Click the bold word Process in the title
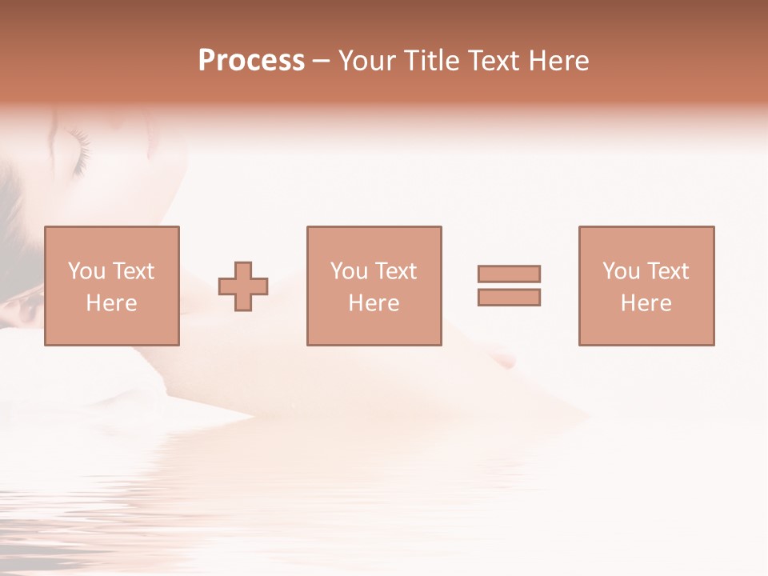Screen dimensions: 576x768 pos(251,61)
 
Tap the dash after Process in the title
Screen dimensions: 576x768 pos(322,61)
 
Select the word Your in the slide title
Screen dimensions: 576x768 pos(366,61)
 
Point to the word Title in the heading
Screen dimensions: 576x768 pos(433,61)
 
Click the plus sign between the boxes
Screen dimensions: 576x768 pos(243,286)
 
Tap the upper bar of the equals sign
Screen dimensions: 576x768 pos(509,274)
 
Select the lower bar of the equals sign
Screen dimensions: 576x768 pos(509,297)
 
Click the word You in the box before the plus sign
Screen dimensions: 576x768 pos(86,271)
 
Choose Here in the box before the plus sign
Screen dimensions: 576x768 pos(111,303)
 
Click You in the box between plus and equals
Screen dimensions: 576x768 pos(349,271)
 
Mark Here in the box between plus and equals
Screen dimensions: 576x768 pos(374,303)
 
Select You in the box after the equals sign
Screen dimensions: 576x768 pos(621,271)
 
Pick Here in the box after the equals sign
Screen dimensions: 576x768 pos(646,303)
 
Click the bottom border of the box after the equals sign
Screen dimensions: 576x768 pos(646,345)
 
